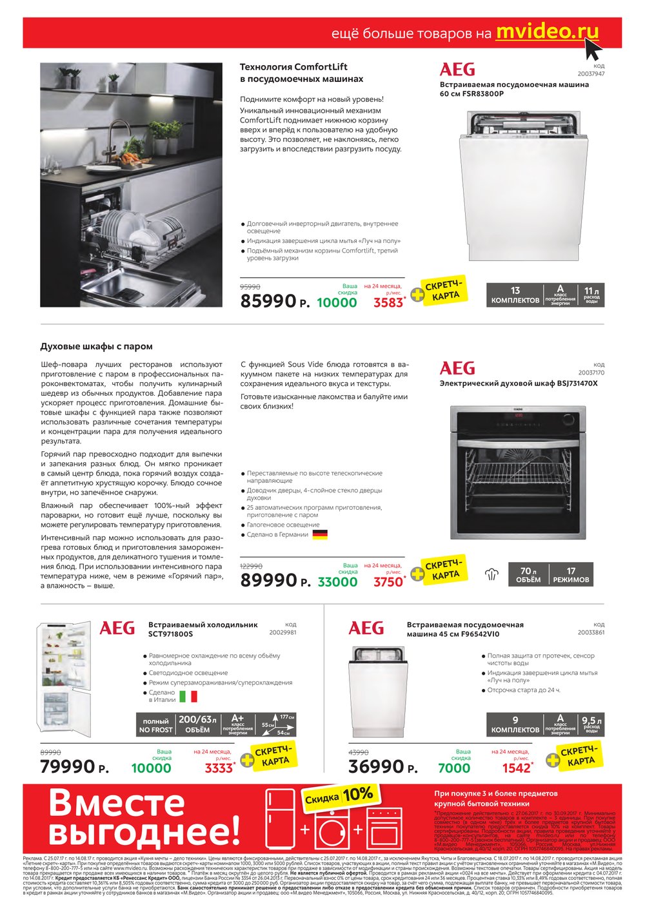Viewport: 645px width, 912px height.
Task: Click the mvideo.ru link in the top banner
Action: pyautogui.click(x=547, y=32)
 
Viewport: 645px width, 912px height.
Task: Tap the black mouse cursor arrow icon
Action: pyautogui.click(x=593, y=48)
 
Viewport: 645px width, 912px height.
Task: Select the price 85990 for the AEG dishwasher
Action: pyautogui.click(x=268, y=300)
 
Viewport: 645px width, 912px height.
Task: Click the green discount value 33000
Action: pyautogui.click(x=337, y=581)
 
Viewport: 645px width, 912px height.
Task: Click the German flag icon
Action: pyautogui.click(x=320, y=534)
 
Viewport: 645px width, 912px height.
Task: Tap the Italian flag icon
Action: pyautogui.click(x=188, y=696)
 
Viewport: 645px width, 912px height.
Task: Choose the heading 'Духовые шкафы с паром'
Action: pyautogui.click(x=96, y=346)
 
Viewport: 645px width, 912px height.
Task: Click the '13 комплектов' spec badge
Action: pyautogui.click(x=515, y=295)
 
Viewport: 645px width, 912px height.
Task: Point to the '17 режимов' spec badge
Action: pyautogui.click(x=571, y=575)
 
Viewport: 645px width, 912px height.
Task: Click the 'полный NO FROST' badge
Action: pyautogui.click(x=155, y=725)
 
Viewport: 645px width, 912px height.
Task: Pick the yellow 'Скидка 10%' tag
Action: pyautogui.click(x=339, y=797)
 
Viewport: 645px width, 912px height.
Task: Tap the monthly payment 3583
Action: pyautogui.click(x=388, y=302)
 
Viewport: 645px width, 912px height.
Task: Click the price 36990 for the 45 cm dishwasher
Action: pyautogui.click(x=376, y=767)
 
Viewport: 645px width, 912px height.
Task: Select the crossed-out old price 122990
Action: pyautogui.click(x=251, y=565)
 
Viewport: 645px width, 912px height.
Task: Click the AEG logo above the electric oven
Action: pyautogui.click(x=457, y=368)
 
